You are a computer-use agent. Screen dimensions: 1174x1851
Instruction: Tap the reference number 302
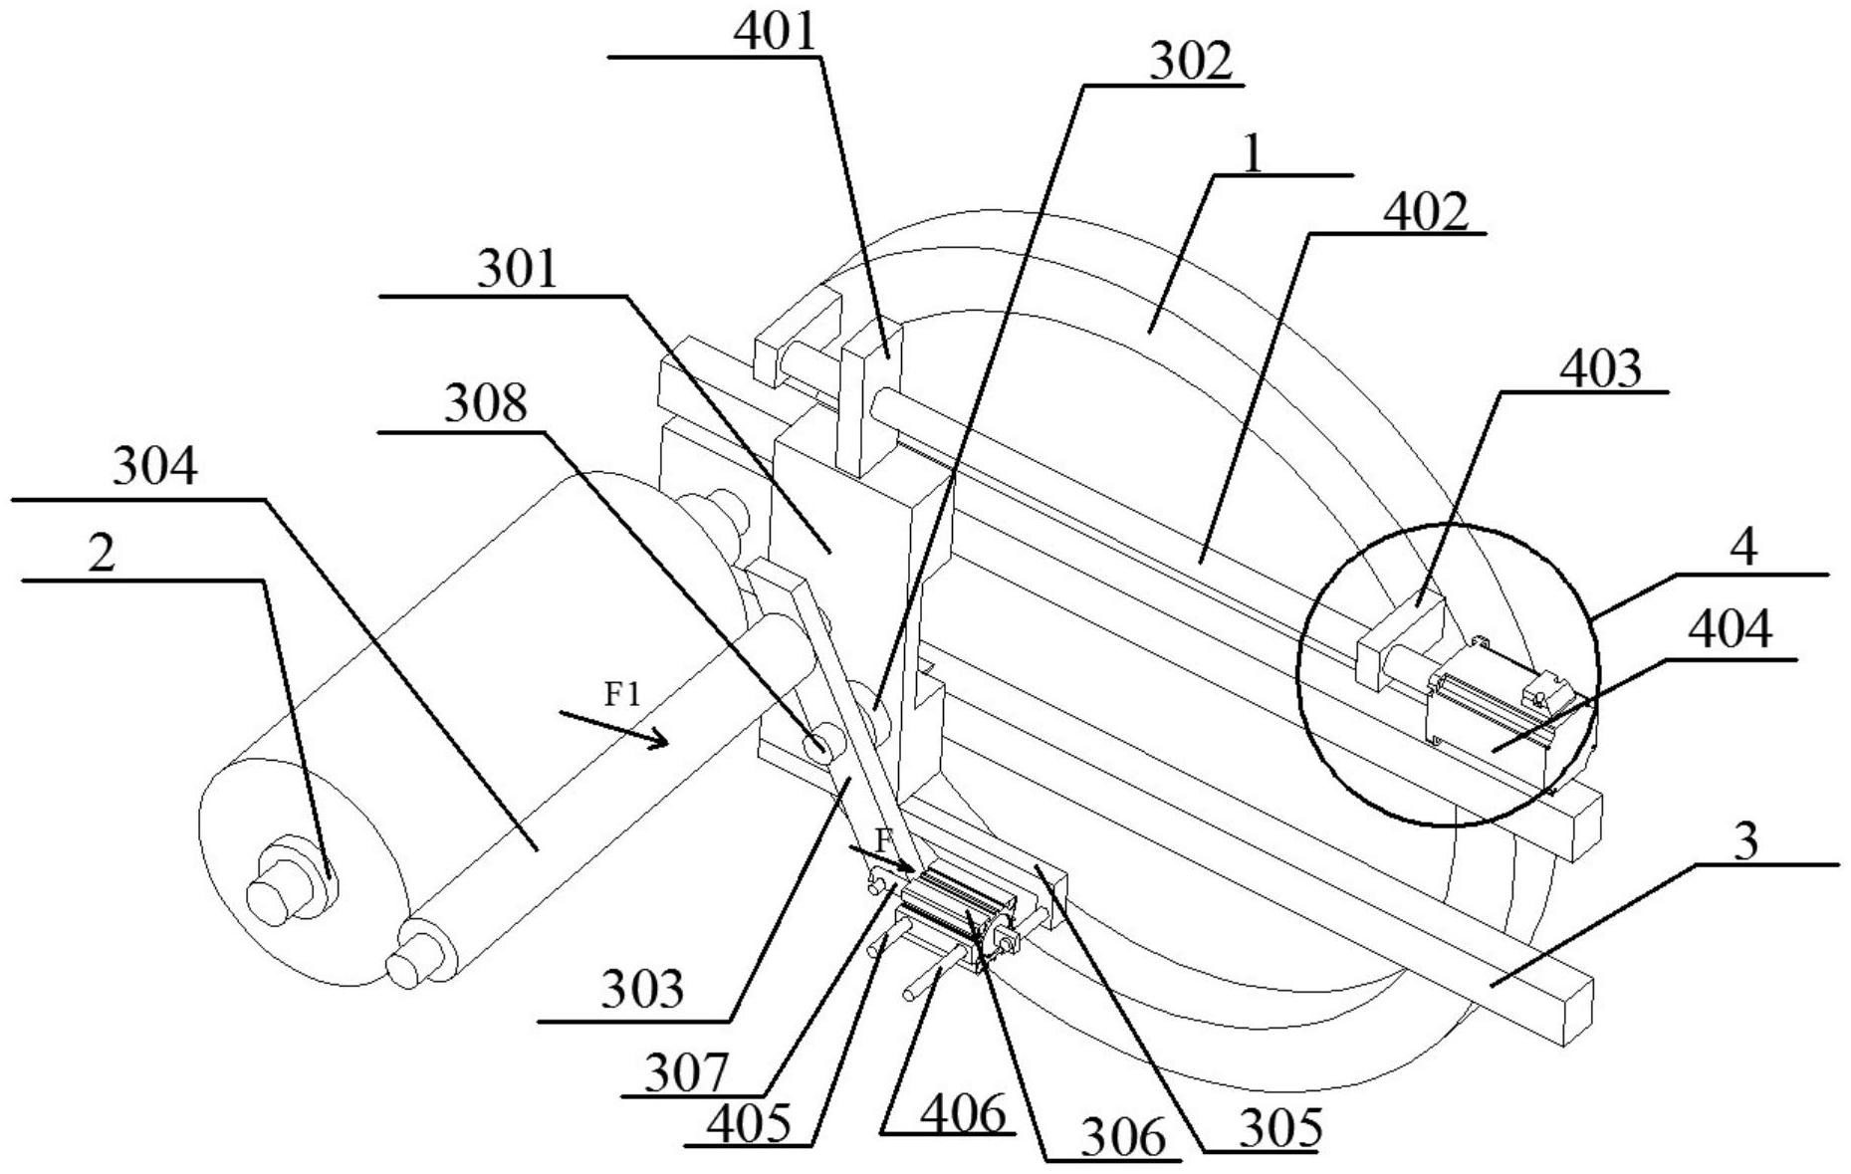[x=1191, y=62]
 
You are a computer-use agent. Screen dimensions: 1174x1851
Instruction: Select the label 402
[x=1427, y=211]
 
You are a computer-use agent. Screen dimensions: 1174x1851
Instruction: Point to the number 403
[x=1600, y=369]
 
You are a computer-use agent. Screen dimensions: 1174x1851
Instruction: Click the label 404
[x=1733, y=631]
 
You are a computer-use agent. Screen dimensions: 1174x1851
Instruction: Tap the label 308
[x=485, y=405]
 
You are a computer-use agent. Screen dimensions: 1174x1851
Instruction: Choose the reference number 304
[x=154, y=467]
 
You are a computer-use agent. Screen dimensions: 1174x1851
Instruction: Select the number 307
[x=686, y=1073]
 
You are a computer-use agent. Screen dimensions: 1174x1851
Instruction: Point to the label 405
[x=749, y=1123]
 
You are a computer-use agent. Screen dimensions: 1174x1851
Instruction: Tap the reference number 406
[x=962, y=1115]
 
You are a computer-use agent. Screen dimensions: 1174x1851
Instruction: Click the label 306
[x=1121, y=1137]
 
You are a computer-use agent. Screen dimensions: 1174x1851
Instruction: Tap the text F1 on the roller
[x=622, y=694]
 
